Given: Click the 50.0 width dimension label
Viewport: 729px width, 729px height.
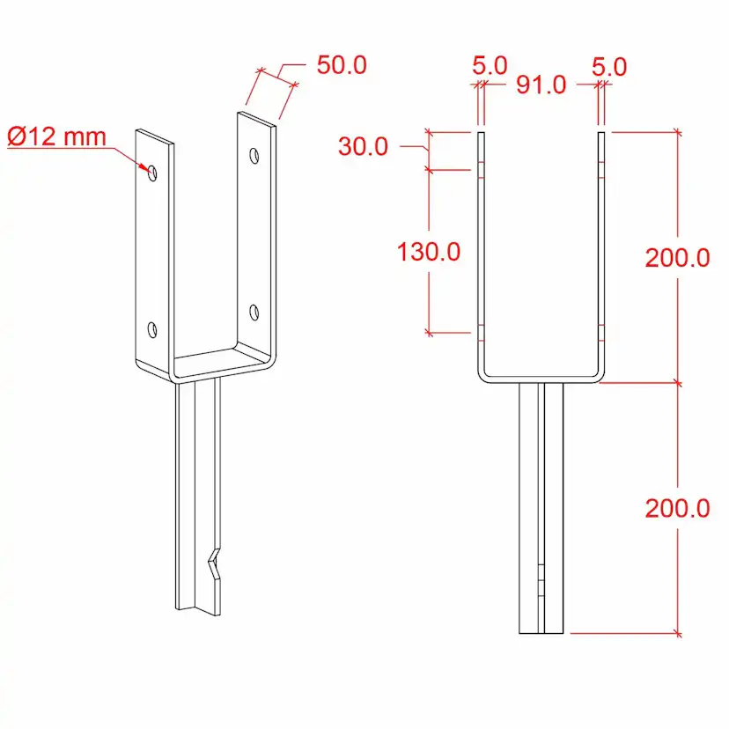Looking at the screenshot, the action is (x=342, y=64).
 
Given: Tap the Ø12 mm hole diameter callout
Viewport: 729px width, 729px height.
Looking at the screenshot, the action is (x=56, y=136).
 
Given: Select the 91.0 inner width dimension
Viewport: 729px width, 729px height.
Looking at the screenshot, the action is (x=541, y=85).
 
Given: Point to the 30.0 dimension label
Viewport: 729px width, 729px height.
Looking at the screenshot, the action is (x=363, y=146).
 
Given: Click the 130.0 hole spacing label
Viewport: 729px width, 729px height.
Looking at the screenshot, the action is (x=429, y=252).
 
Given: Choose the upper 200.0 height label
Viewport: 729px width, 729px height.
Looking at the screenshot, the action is (x=677, y=258).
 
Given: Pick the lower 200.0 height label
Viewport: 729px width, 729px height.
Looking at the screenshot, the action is (x=677, y=508).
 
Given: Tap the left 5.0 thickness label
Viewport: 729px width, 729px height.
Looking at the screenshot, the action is (x=490, y=65).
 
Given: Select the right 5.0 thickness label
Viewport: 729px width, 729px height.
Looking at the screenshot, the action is (x=609, y=67).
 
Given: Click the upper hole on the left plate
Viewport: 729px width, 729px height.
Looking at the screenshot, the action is (x=152, y=173).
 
